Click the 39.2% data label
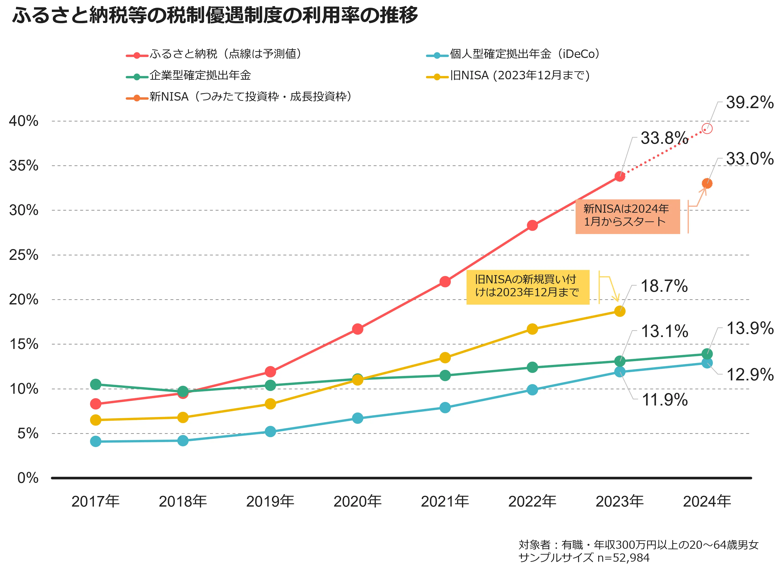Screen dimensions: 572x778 coord(750,102)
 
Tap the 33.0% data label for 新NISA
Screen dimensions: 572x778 coord(750,159)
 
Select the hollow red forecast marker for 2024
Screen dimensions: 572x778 coord(707,129)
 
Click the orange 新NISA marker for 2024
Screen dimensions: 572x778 coord(707,183)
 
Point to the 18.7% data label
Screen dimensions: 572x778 coord(664,286)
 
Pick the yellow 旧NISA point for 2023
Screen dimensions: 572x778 coord(619,311)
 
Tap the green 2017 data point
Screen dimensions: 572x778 coord(95,384)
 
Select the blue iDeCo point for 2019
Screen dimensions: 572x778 coord(270,432)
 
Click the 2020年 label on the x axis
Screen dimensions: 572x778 coord(357,502)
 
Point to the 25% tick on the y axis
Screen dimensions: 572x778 coord(23,255)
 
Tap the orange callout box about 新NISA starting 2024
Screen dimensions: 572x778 coord(627,216)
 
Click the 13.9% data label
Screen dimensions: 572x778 coord(750,329)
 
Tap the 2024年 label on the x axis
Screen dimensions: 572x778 coord(707,502)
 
